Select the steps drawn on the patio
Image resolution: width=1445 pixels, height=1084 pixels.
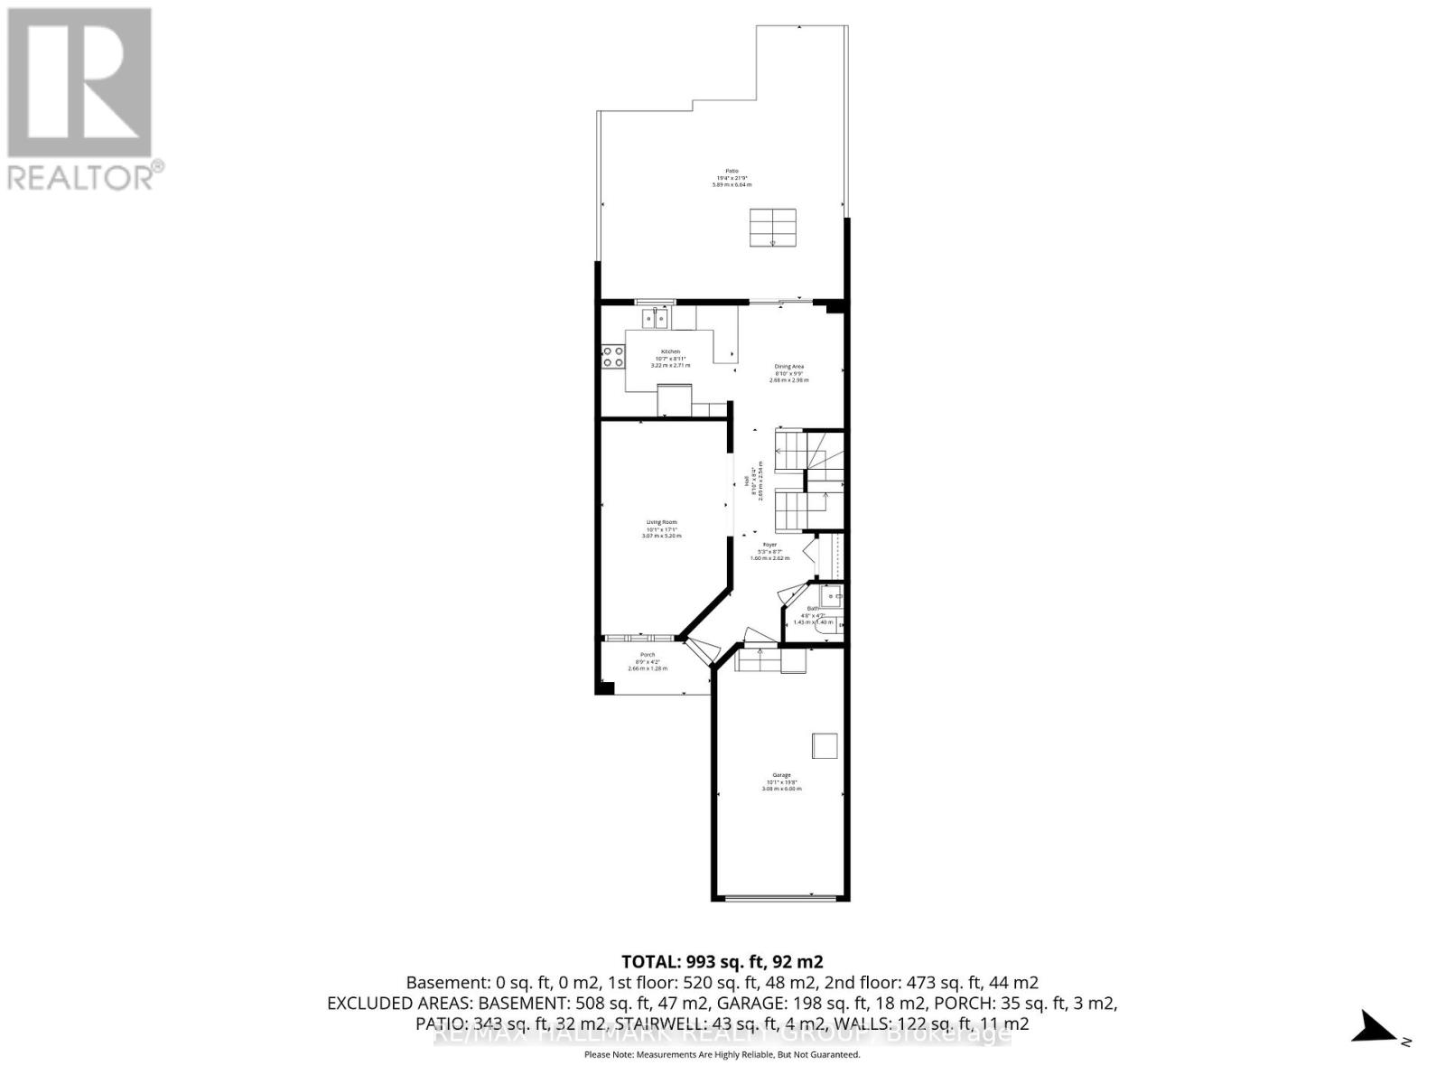(773, 228)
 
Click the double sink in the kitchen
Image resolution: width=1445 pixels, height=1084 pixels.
(655, 318)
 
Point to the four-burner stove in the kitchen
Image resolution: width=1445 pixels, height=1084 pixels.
(613, 357)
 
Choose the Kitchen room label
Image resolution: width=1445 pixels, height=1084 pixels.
(670, 358)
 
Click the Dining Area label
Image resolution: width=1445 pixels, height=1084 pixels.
(789, 373)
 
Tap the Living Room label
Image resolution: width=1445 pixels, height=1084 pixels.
(661, 528)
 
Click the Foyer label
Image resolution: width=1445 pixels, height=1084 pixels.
(769, 551)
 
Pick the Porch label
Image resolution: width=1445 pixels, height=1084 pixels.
(648, 661)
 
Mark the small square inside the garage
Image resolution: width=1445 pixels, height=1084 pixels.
(825, 746)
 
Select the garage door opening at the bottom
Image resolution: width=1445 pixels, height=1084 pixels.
(781, 897)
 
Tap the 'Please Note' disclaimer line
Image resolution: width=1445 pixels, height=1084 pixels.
(722, 1054)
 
